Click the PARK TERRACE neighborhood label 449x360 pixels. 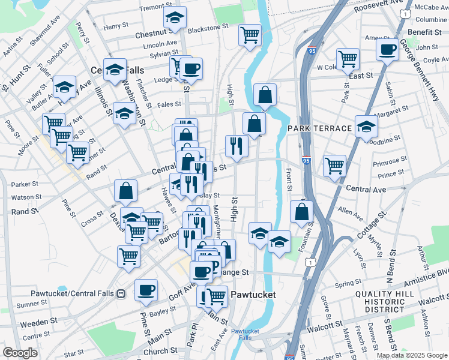point(319,129)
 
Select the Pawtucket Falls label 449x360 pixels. point(244,335)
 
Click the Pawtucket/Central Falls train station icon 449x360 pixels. point(120,294)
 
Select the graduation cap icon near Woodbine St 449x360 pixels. point(366,127)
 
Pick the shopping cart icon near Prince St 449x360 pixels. point(334,166)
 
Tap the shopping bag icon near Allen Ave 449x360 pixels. point(302,212)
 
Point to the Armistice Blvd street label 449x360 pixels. point(431,274)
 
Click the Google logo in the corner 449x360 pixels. point(20,352)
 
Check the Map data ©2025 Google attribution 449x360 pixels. point(411,355)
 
